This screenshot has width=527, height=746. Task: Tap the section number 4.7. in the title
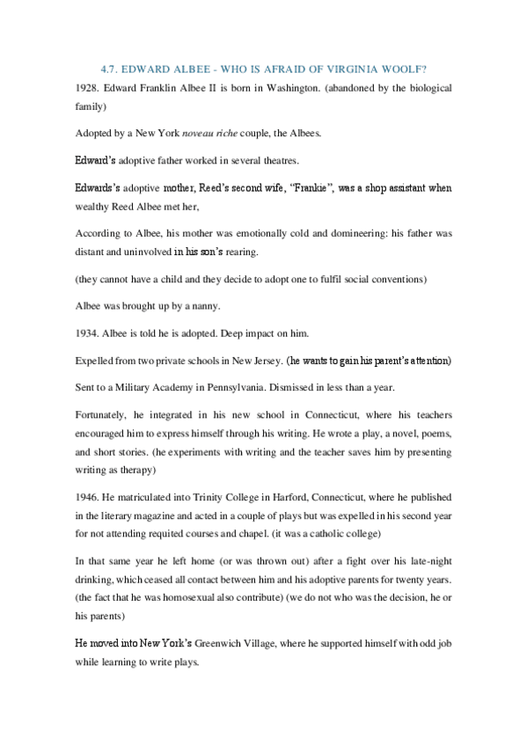click(110, 69)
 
